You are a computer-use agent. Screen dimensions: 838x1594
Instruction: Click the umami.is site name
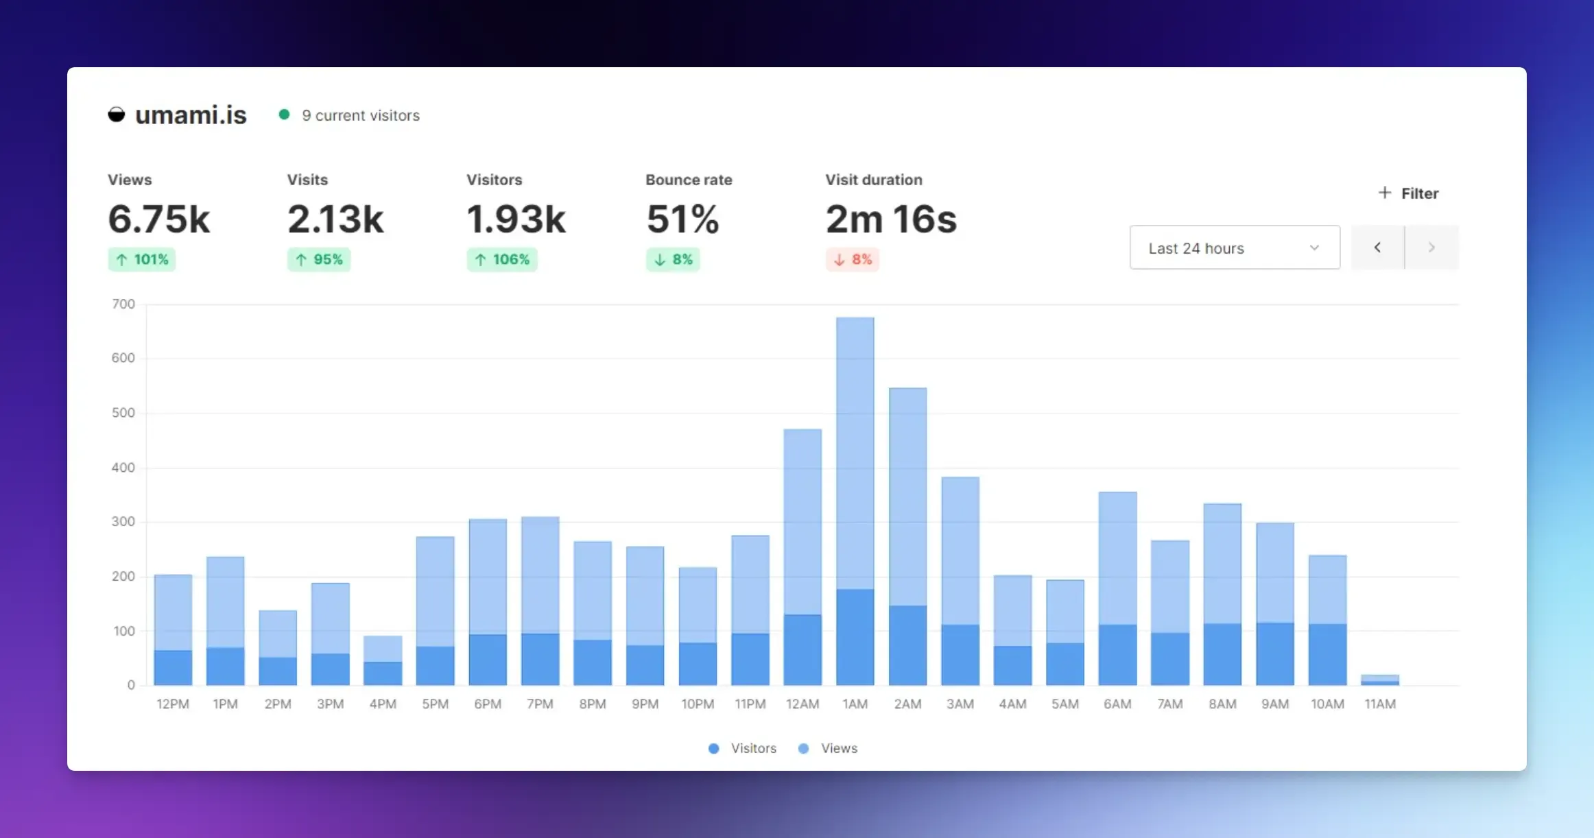[x=190, y=115]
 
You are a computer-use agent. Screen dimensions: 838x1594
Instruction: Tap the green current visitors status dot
[x=284, y=115]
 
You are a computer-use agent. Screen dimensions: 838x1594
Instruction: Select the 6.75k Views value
[x=159, y=219]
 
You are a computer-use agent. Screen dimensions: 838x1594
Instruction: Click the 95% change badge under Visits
[x=319, y=259]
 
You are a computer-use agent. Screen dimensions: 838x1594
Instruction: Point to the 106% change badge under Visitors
[x=502, y=259]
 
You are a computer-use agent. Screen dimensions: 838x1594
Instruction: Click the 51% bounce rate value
[x=682, y=219]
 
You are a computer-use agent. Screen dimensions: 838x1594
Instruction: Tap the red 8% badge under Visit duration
[x=853, y=259]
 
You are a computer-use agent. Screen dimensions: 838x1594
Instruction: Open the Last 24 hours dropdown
[x=1234, y=248]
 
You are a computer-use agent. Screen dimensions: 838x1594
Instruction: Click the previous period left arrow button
[x=1377, y=248]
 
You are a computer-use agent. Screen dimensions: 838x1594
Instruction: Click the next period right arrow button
[x=1431, y=248]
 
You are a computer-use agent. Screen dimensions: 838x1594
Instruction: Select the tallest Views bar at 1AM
[x=855, y=453]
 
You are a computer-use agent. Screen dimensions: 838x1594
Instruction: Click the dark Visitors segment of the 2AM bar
[x=907, y=645]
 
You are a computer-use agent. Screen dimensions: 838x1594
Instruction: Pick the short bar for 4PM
[x=383, y=660]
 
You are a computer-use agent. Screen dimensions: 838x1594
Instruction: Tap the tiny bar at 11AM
[x=1379, y=680]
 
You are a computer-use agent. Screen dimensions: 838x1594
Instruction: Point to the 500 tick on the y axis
[x=123, y=413]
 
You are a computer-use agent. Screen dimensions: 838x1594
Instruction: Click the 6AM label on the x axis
[x=1117, y=704]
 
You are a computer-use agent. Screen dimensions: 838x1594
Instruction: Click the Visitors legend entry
[x=743, y=748]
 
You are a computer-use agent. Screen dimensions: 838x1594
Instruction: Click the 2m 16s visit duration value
[x=891, y=219]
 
